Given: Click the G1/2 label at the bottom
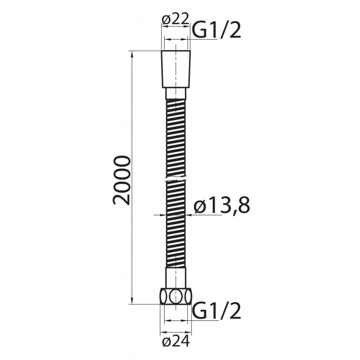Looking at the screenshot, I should point(217,311).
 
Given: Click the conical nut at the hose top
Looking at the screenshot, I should point(176,69).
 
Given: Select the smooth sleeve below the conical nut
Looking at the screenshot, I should point(176,94).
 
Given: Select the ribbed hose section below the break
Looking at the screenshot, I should point(176,225).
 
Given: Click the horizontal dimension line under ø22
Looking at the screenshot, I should point(176,39).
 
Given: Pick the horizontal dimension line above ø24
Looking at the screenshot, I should point(176,320).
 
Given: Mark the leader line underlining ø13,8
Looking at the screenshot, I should point(205,215).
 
